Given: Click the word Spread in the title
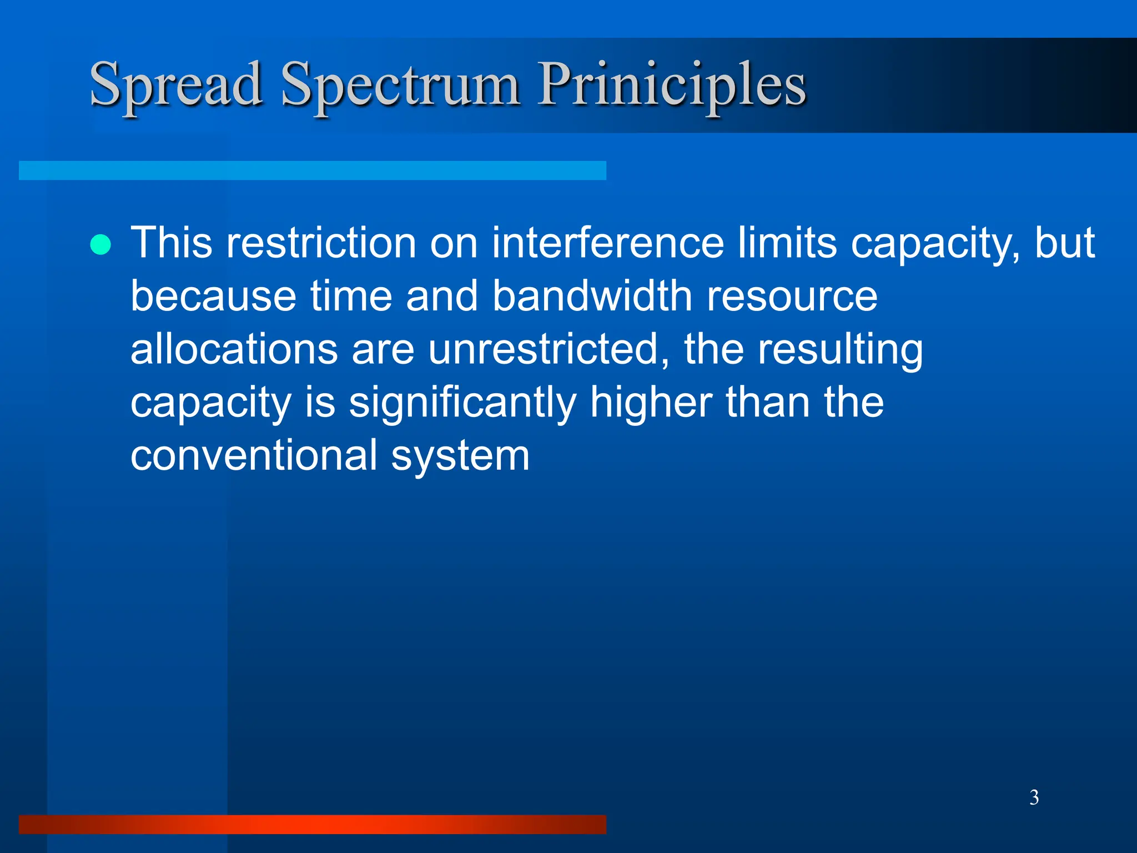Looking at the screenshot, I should tap(176, 85).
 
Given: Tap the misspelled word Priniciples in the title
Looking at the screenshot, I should tap(672, 85).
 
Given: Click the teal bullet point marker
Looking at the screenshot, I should tap(100, 244).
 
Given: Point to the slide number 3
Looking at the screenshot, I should tap(1034, 797).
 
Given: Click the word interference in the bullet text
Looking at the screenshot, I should tap(608, 243).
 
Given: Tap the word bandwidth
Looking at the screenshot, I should tap(592, 295).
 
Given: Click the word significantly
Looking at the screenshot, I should tap(462, 402).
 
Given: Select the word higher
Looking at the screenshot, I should tap(651, 402).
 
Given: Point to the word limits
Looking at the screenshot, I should tap(787, 243).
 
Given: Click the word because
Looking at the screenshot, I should tap(213, 295).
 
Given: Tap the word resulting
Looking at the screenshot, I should tap(840, 350).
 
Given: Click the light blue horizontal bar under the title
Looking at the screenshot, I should tap(312, 170).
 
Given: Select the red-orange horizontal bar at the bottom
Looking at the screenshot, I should tap(312, 824).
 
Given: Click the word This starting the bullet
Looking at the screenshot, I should tap(171, 243).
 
